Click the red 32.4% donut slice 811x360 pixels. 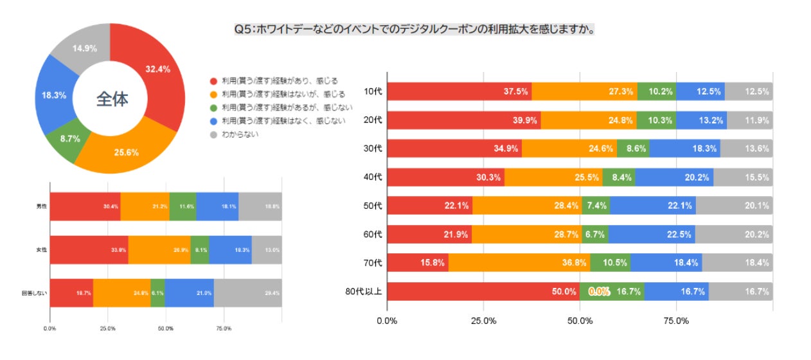(x=152, y=71)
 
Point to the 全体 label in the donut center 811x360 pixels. (x=112, y=99)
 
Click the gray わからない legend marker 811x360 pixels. (x=213, y=134)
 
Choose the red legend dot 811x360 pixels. (x=213, y=81)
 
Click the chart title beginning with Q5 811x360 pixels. (x=413, y=30)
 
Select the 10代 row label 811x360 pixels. (x=373, y=91)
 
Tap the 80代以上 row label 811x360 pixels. (x=364, y=291)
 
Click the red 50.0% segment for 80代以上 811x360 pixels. (x=482, y=291)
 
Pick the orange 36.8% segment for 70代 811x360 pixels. (x=519, y=262)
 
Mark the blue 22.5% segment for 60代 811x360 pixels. (x=651, y=234)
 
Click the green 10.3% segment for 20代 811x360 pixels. (x=656, y=120)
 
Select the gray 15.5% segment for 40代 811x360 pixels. (x=743, y=177)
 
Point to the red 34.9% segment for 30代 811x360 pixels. (x=454, y=148)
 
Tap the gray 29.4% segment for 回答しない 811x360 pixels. (x=247, y=292)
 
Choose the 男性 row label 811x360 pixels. (x=40, y=206)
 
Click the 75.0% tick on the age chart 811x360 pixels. (x=676, y=321)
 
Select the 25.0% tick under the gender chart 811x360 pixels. (x=107, y=328)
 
